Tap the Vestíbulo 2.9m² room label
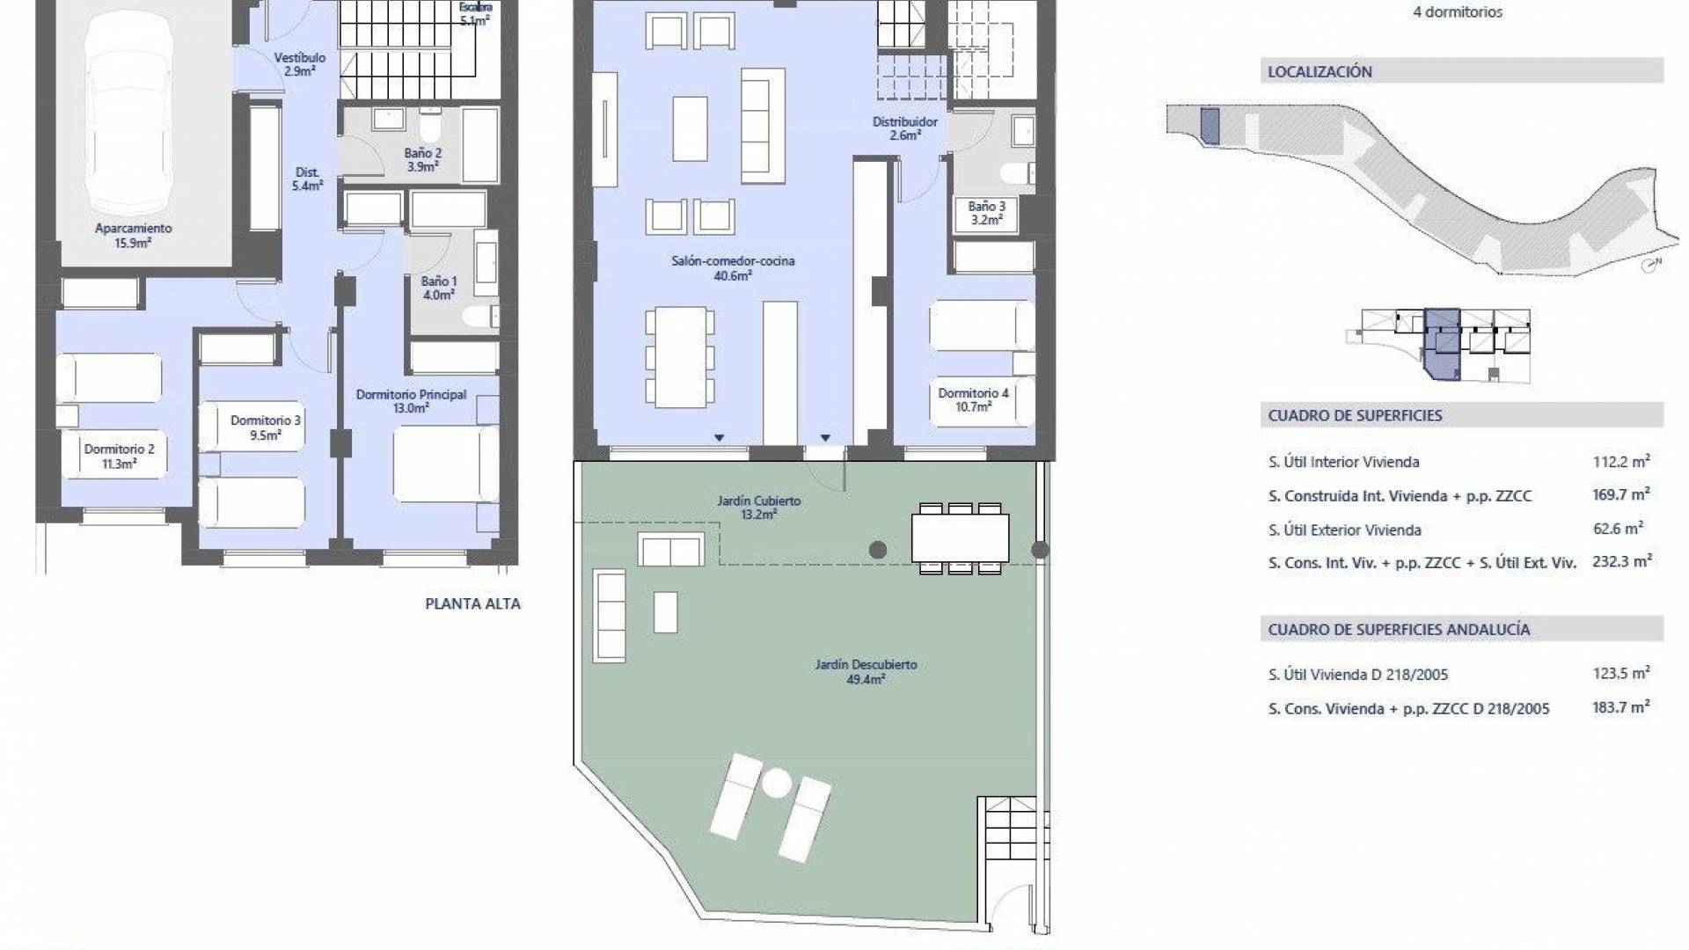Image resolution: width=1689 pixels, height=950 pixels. point(300,64)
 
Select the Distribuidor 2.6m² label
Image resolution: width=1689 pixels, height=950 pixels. point(905,128)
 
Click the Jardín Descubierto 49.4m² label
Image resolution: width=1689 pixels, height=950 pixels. point(866,672)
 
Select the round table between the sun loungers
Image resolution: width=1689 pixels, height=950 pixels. point(776,783)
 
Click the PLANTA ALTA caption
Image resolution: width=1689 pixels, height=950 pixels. point(472,603)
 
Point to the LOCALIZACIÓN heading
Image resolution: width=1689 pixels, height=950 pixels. point(1320,72)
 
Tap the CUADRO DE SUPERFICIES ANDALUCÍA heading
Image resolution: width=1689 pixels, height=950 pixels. point(1399,629)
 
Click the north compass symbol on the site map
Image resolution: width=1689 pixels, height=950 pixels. point(1651,264)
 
